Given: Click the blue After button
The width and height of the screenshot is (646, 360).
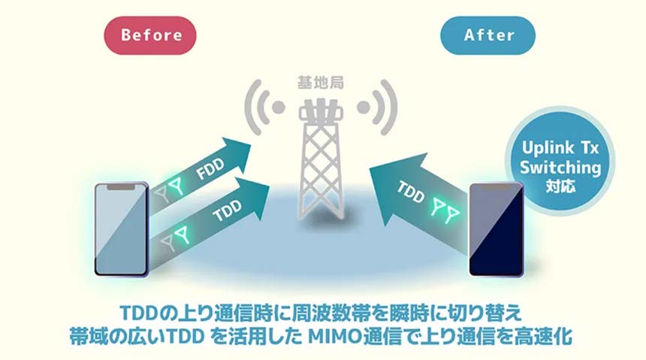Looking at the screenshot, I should click(x=488, y=35).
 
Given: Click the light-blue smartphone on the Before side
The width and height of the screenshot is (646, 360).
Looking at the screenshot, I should click(x=120, y=228).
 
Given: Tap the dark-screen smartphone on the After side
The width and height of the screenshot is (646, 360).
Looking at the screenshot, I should click(x=496, y=228).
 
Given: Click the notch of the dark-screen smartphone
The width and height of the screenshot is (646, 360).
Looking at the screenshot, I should click(x=496, y=186).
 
